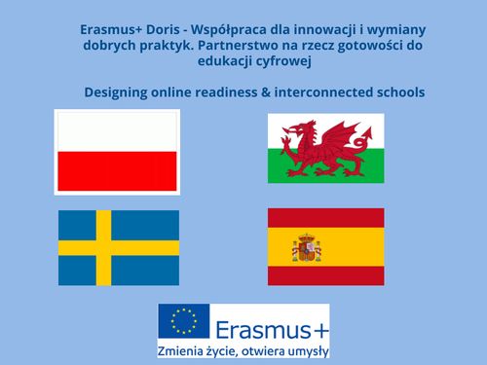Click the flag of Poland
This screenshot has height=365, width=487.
tap(117, 152)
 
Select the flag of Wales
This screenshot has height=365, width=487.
tap(325, 148)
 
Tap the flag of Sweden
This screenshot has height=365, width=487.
tap(119, 246)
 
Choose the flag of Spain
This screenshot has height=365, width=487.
tap(325, 246)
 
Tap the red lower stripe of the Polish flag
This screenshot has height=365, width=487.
tap(117, 172)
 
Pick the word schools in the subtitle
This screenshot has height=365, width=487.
tap(396, 92)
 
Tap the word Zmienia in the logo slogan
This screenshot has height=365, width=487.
tap(190, 349)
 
